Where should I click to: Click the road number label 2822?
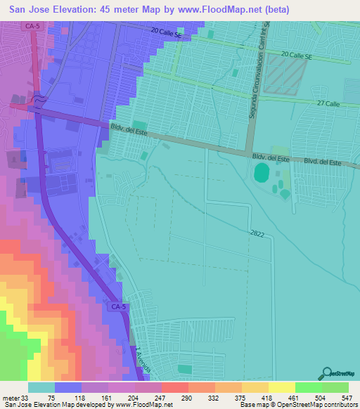(x=257, y=233)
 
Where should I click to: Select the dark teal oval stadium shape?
(x=262, y=171)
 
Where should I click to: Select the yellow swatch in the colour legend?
(x=281, y=387)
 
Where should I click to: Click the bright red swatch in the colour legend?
(x=174, y=387)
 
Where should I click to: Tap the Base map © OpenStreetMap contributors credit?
(x=298, y=405)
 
